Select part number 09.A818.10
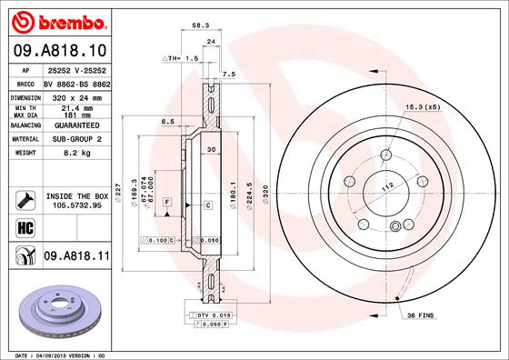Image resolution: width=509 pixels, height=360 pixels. coord(58,50)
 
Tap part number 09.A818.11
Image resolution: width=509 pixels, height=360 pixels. coord(75,257)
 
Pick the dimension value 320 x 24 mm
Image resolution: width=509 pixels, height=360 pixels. coord(75,96)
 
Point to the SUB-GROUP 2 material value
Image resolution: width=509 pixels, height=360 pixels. coord(75,139)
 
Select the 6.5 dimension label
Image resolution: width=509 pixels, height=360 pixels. coord(167,121)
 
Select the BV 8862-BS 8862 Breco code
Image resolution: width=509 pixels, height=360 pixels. coord(75,83)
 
